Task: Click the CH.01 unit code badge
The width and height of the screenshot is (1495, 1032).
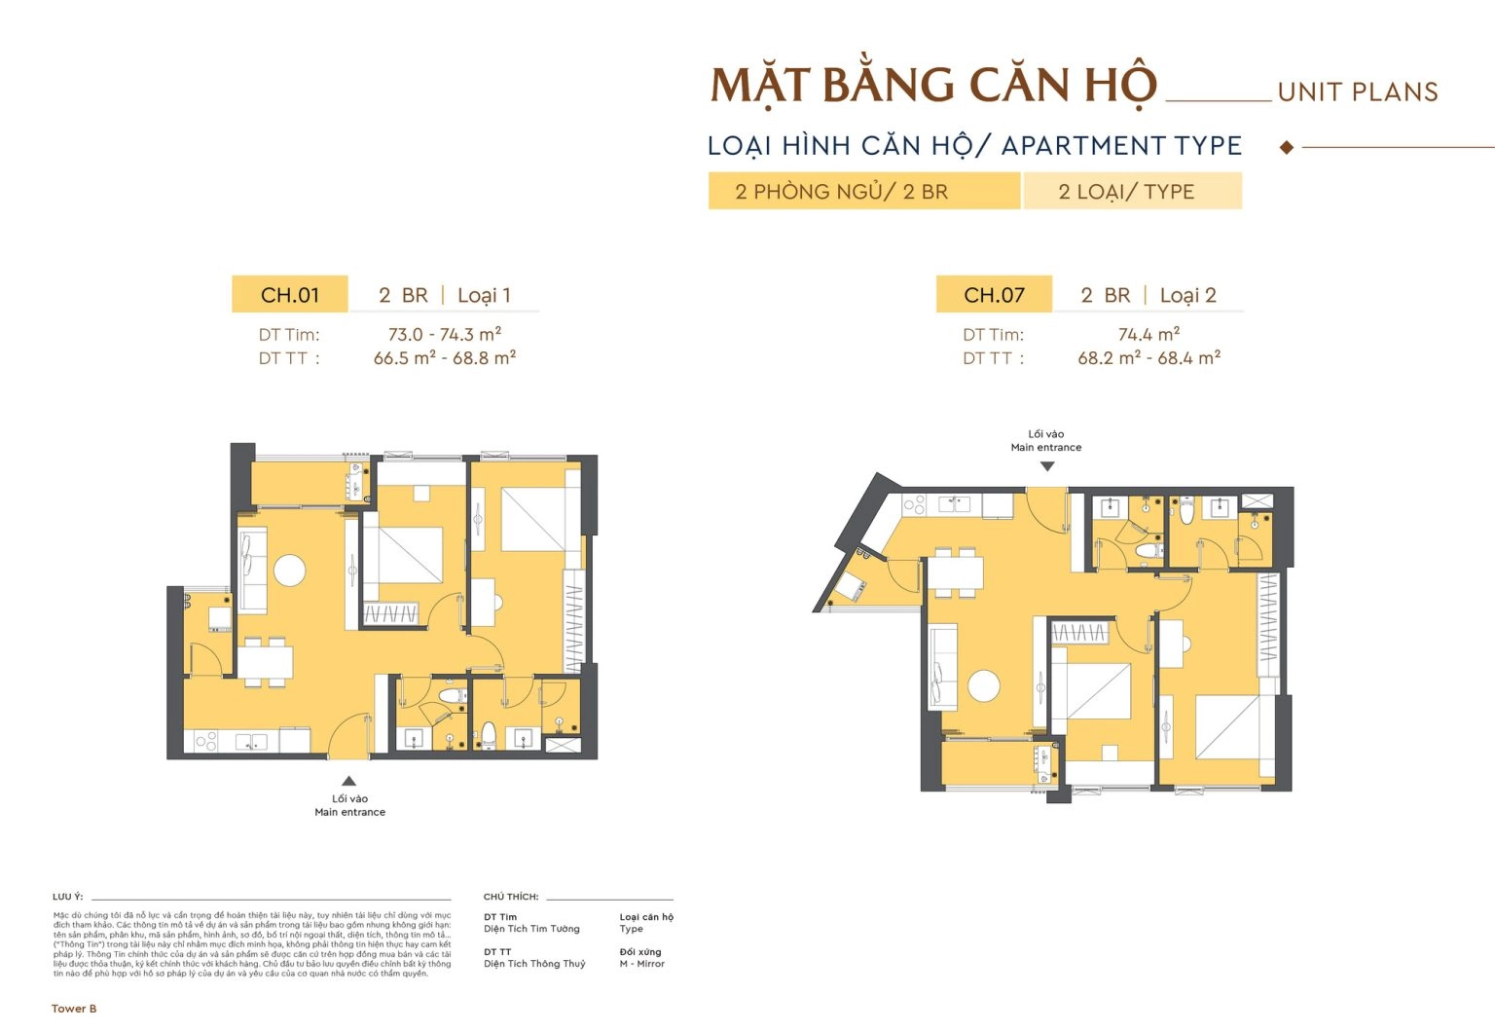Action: [289, 295]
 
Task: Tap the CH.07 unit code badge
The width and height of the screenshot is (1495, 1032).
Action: [994, 295]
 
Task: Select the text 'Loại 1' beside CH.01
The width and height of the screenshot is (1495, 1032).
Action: [484, 295]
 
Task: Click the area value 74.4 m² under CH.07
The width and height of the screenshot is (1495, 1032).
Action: [1149, 334]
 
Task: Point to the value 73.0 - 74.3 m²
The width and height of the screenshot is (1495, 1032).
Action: [445, 334]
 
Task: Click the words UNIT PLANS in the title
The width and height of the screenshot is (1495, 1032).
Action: [1358, 92]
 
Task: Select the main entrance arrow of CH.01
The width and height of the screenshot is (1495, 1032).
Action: [348, 781]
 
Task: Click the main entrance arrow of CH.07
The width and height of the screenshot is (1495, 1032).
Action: [1046, 466]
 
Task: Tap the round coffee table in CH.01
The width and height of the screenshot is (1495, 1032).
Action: [290, 570]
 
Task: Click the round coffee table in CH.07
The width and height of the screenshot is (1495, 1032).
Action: [984, 685]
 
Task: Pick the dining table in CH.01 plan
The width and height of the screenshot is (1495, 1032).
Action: [265, 662]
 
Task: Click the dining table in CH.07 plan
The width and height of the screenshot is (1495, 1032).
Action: [955, 571]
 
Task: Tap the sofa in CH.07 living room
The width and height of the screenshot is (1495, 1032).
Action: [943, 667]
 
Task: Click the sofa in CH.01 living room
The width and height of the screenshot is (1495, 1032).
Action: [253, 571]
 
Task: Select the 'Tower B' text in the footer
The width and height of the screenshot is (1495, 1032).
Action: [74, 1009]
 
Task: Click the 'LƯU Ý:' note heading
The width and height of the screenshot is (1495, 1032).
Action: [68, 897]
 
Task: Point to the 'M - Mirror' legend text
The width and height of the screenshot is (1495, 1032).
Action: [641, 964]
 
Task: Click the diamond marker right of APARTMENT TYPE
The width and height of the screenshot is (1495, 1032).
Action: [1287, 147]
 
